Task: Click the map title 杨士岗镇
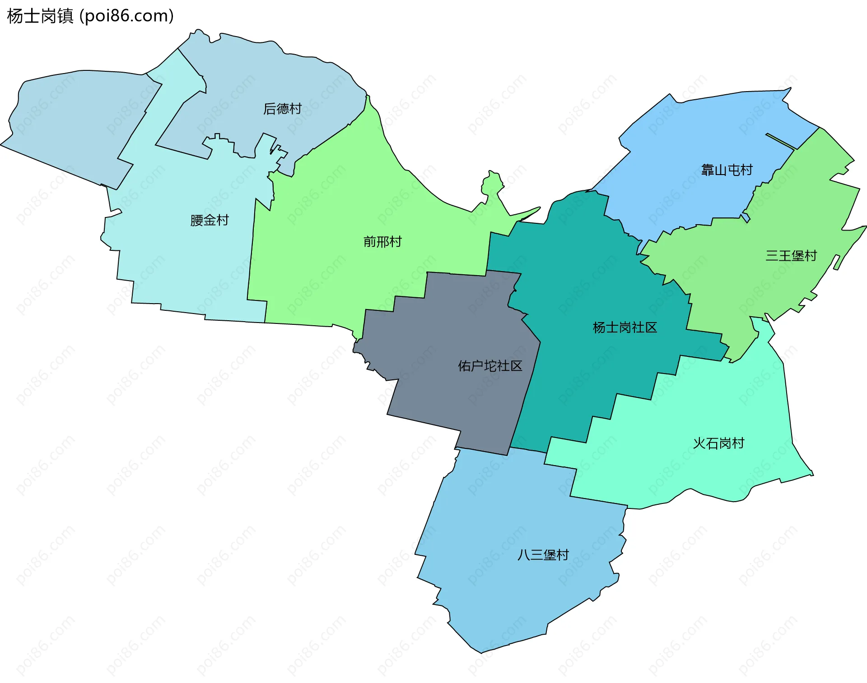click(x=40, y=16)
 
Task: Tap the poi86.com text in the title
click(x=126, y=16)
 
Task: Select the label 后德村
click(x=282, y=109)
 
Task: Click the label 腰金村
click(x=210, y=220)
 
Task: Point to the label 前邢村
click(x=382, y=242)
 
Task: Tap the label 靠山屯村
click(x=727, y=170)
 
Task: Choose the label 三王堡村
click(x=791, y=256)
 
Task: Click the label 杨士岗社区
click(x=625, y=328)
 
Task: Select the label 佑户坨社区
click(x=490, y=366)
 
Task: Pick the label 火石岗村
click(x=718, y=443)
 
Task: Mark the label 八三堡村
click(x=543, y=555)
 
